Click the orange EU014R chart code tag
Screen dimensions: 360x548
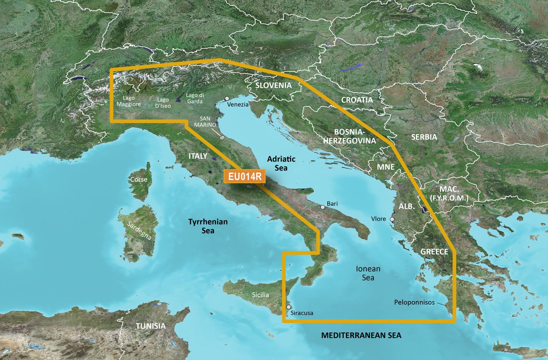245,177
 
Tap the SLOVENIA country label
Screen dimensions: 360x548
273,86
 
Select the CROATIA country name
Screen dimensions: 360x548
357,100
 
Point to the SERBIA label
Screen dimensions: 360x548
424,137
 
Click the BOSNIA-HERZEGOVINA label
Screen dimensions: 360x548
349,136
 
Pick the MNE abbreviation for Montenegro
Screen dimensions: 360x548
386,167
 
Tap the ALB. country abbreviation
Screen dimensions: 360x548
406,206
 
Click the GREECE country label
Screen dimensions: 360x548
434,251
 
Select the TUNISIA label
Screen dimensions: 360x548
151,326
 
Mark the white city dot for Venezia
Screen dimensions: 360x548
227,98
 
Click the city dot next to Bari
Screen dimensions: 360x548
323,207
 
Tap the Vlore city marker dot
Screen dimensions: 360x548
392,220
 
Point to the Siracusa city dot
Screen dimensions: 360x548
289,307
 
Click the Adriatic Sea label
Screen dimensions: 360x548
281,163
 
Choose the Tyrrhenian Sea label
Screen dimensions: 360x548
208,226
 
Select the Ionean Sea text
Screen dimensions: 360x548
368,273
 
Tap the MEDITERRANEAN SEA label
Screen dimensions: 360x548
361,335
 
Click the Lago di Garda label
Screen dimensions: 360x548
195,98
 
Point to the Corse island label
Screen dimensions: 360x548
139,179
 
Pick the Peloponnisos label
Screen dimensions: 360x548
414,302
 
